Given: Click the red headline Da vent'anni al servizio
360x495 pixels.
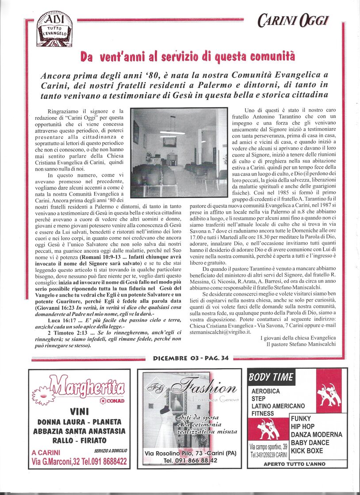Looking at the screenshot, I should [x=188, y=57].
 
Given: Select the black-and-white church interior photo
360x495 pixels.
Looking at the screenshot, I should [x=179, y=146].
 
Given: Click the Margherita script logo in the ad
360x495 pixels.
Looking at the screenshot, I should [x=86, y=386].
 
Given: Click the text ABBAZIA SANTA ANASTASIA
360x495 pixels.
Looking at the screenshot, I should [x=79, y=431].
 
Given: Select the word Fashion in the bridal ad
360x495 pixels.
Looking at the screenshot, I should [x=204, y=388].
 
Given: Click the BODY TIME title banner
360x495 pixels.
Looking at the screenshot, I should [x=272, y=377].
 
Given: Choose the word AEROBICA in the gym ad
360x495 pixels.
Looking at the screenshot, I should [x=265, y=391].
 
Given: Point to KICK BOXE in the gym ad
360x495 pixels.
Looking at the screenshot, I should [x=307, y=451].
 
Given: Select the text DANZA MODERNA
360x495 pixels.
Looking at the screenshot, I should [x=316, y=434].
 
